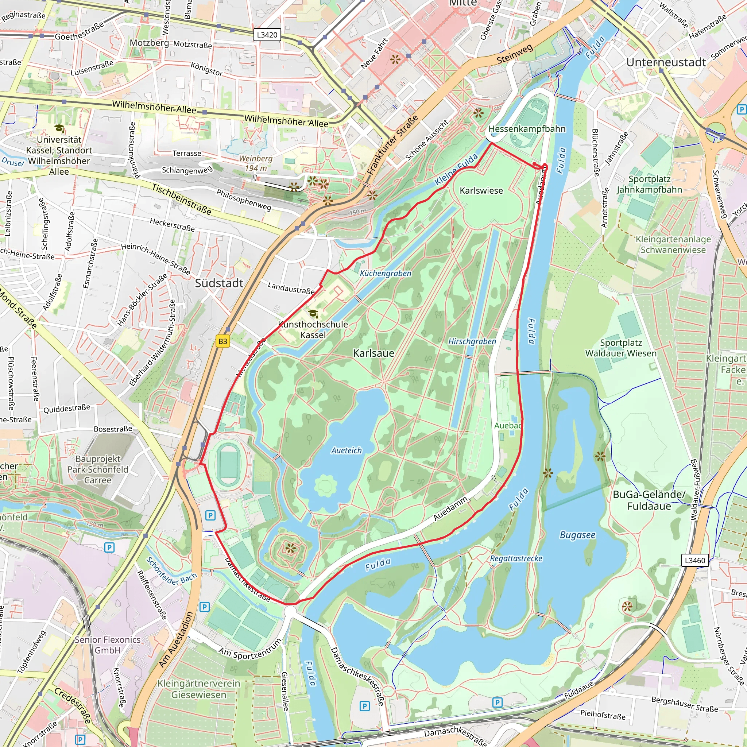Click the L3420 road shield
(x=267, y=35)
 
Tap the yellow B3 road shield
(x=223, y=341)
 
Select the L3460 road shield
(x=695, y=560)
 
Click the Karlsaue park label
(x=373, y=353)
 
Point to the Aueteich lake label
(x=347, y=450)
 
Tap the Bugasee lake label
(x=578, y=535)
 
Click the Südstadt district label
(x=219, y=283)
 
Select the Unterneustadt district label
(x=666, y=62)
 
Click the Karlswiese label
(x=481, y=191)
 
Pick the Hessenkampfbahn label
(x=527, y=129)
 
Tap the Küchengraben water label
(x=386, y=273)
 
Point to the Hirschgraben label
(x=472, y=341)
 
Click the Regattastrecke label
(x=516, y=558)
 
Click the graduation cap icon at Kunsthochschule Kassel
(x=313, y=313)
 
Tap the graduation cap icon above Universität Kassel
(x=59, y=128)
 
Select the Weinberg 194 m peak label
(x=256, y=163)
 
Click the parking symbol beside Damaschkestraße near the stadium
(x=210, y=515)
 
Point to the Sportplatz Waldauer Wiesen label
(x=620, y=348)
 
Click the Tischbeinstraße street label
(x=182, y=200)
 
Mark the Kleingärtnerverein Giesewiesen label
(x=198, y=689)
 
